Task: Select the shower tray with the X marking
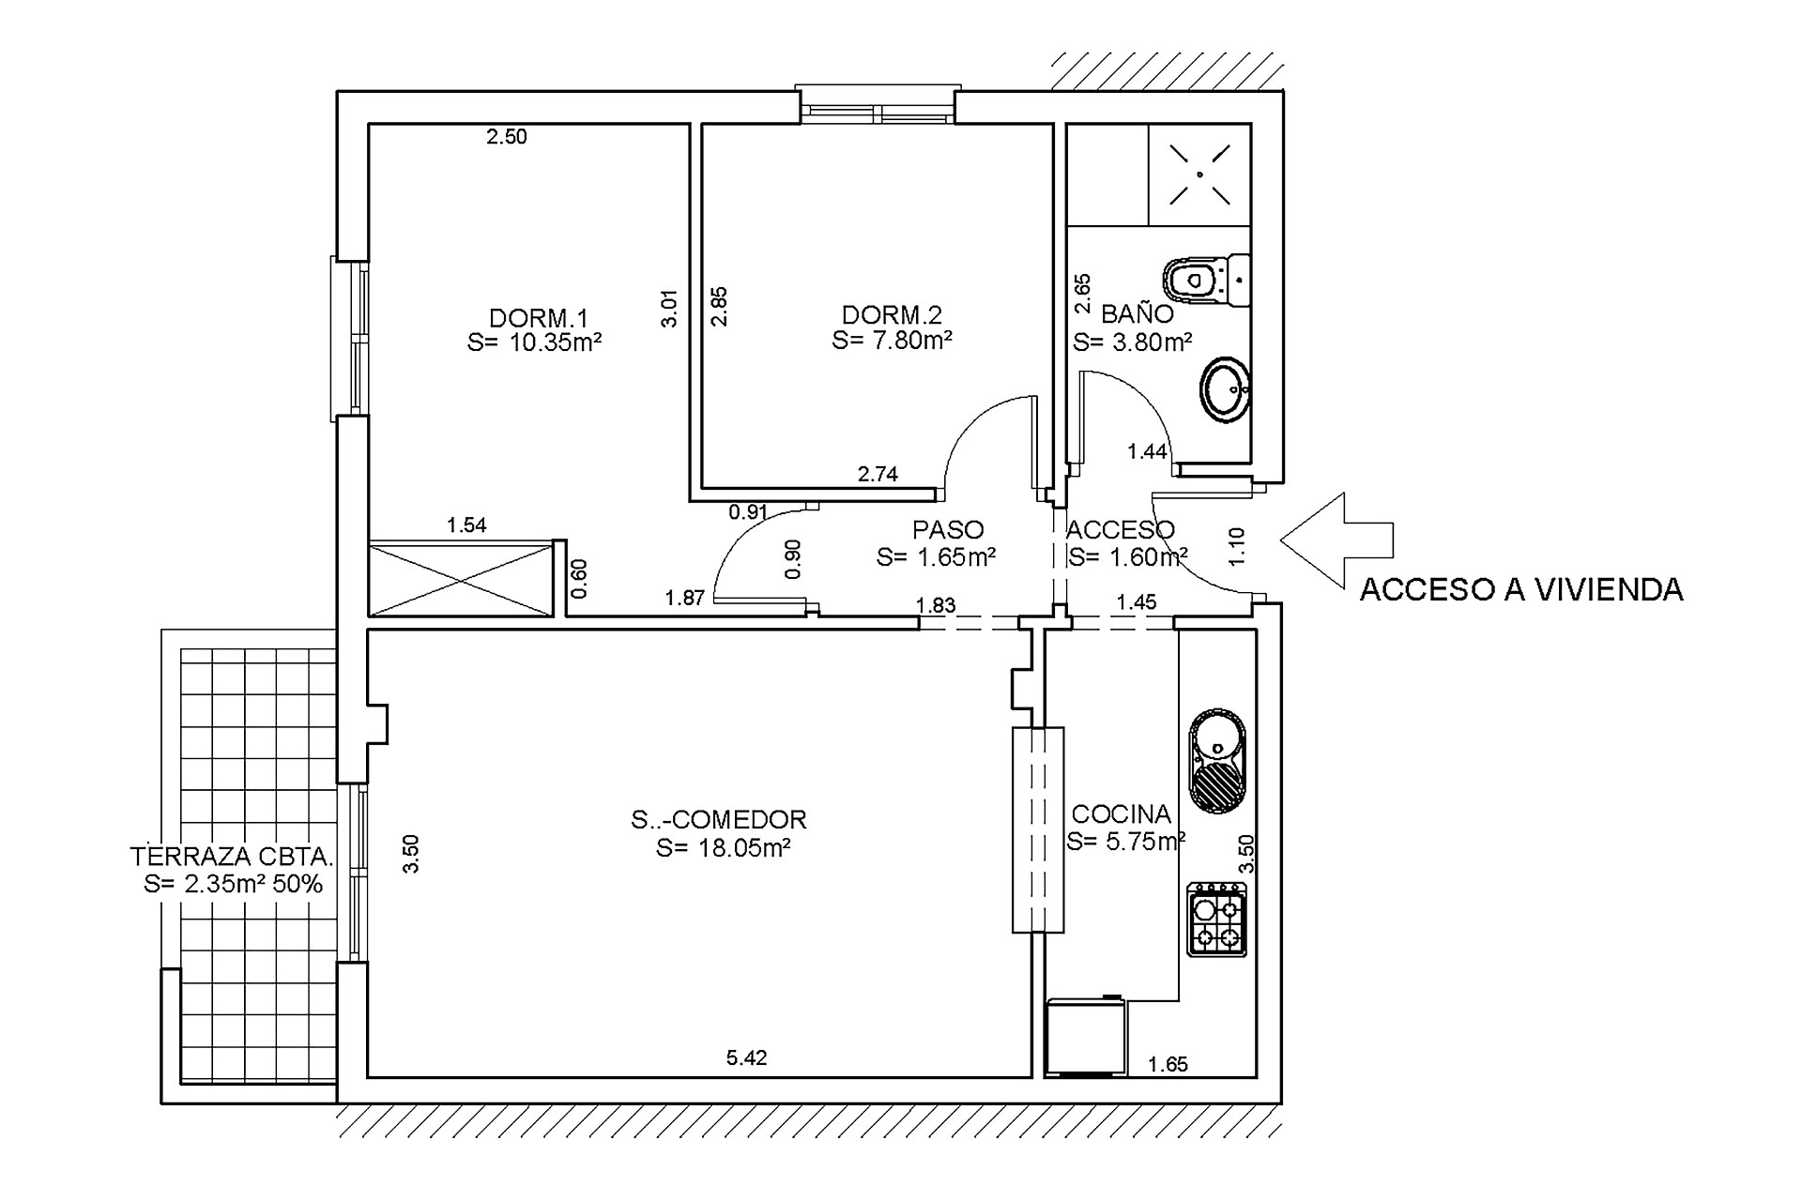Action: (x=1199, y=175)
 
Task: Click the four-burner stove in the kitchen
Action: (x=1216, y=921)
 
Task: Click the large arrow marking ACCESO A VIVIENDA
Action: (x=1336, y=540)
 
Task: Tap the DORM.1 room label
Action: (x=538, y=317)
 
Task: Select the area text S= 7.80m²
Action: (x=892, y=340)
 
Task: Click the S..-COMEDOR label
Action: (x=719, y=820)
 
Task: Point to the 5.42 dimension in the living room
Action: (x=747, y=1058)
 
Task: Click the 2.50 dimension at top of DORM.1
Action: (x=506, y=137)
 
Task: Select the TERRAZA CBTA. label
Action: (x=232, y=857)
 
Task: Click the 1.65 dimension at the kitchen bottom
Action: (x=1168, y=1064)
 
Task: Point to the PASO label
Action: (x=948, y=530)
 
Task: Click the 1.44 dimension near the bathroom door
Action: (x=1146, y=452)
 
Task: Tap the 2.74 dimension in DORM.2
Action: (x=878, y=475)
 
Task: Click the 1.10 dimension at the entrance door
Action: (x=1237, y=546)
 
